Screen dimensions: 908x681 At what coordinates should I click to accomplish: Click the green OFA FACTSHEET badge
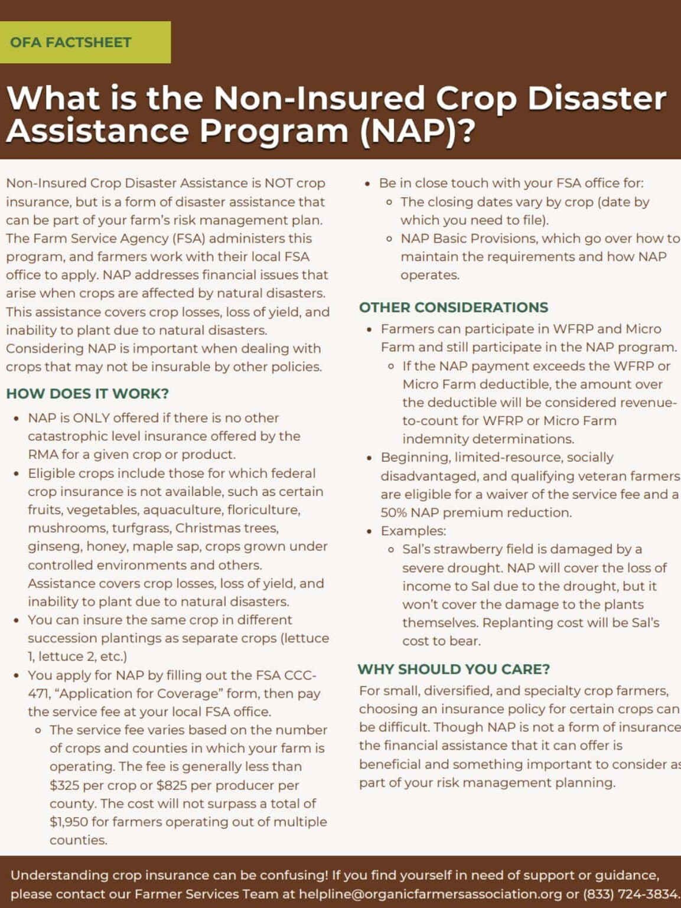coord(85,43)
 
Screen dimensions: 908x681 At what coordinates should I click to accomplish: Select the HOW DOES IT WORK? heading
coord(87,394)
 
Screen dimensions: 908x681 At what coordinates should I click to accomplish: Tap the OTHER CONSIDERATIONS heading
coord(454,308)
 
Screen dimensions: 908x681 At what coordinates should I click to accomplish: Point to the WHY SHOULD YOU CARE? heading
coord(454,669)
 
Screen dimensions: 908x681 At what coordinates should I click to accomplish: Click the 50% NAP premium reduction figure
coord(393,512)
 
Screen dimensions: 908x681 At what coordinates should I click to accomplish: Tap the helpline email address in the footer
coord(430,894)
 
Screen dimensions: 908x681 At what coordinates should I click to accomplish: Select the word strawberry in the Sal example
coord(465,549)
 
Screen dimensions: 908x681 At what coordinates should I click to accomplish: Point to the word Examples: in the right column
coord(413,531)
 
